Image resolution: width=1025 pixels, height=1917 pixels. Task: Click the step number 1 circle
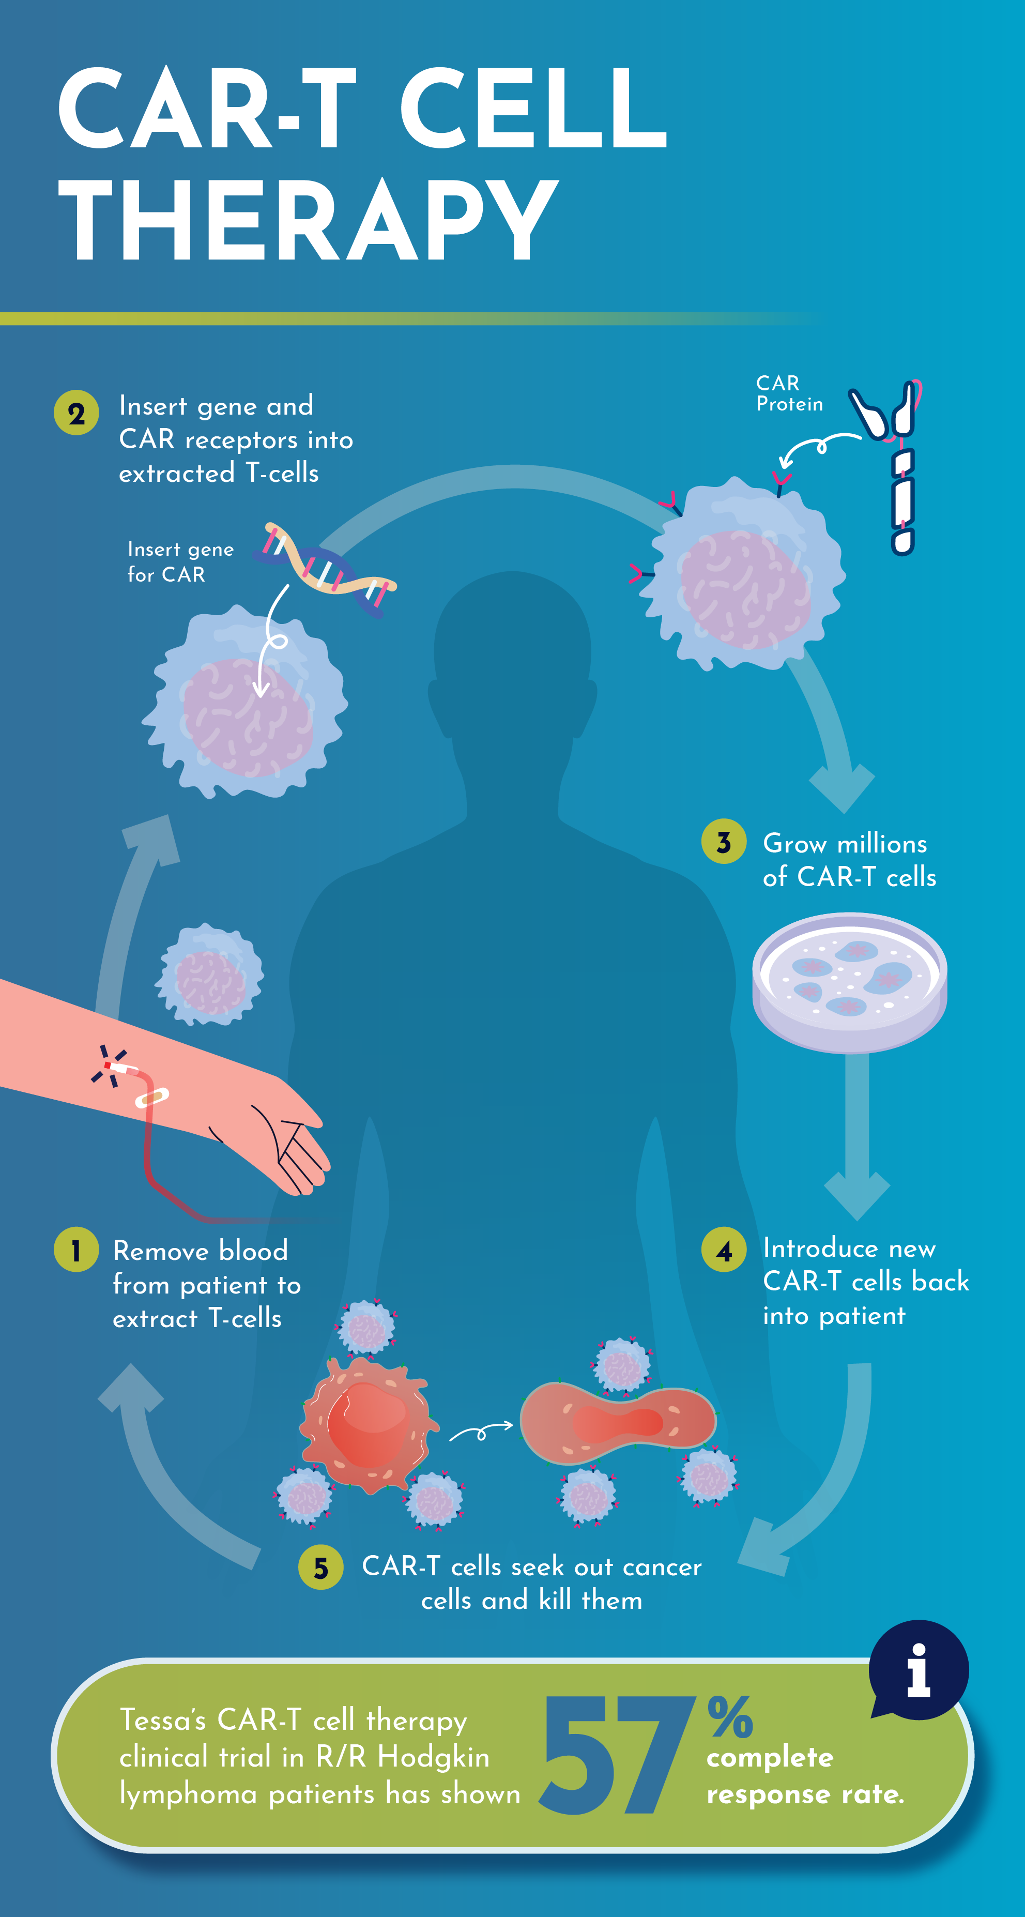(x=76, y=1250)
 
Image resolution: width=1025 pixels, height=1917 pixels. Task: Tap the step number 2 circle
(x=76, y=413)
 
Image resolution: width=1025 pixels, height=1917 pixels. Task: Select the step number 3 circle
(x=723, y=842)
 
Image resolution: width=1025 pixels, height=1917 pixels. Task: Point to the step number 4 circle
(x=723, y=1250)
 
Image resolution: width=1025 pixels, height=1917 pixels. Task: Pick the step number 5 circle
(x=320, y=1567)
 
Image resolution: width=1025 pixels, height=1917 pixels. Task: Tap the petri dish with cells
(x=849, y=982)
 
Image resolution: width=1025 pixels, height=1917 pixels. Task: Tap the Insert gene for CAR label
(x=180, y=562)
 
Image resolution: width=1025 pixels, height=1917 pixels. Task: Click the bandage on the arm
(x=152, y=1097)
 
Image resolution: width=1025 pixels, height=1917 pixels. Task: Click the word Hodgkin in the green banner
(x=433, y=1757)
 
